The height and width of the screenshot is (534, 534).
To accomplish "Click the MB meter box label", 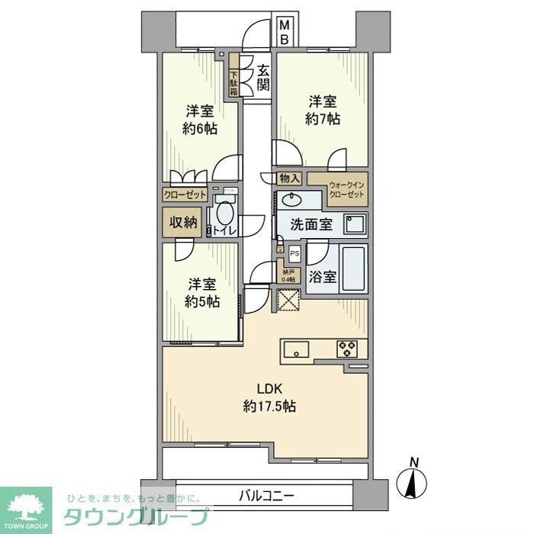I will click(284, 31).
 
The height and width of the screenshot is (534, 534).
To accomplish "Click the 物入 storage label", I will click(290, 179).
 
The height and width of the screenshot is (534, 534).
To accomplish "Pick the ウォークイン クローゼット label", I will click(347, 190).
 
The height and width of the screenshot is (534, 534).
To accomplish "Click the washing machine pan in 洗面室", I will click(354, 224).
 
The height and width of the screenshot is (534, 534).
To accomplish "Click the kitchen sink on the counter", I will click(295, 349).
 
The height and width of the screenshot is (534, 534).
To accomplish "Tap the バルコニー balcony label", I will click(262, 496).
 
